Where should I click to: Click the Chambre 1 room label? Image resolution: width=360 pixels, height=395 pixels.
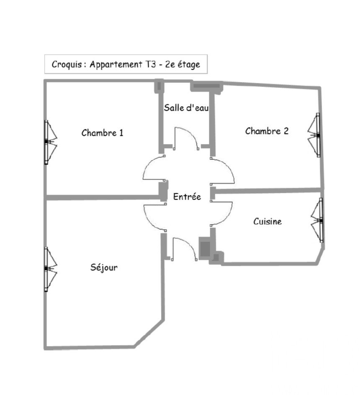[103, 133]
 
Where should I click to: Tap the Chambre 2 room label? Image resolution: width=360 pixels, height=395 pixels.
[267, 131]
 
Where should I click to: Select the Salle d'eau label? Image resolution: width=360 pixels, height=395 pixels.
[186, 108]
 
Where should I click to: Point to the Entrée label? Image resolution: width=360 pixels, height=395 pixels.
[187, 196]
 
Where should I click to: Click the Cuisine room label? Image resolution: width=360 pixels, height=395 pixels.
[267, 221]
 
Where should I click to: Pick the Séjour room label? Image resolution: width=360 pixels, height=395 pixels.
[104, 267]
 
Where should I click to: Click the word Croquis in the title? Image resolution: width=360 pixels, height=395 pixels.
[67, 64]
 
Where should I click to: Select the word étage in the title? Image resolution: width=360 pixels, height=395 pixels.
[188, 65]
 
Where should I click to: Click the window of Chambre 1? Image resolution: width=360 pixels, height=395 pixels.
[50, 142]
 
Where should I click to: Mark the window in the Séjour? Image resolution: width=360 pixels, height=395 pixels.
[50, 269]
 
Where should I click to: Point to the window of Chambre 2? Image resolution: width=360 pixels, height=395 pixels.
[314, 135]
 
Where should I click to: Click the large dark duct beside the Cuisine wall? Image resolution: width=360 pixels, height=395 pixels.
[205, 249]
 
